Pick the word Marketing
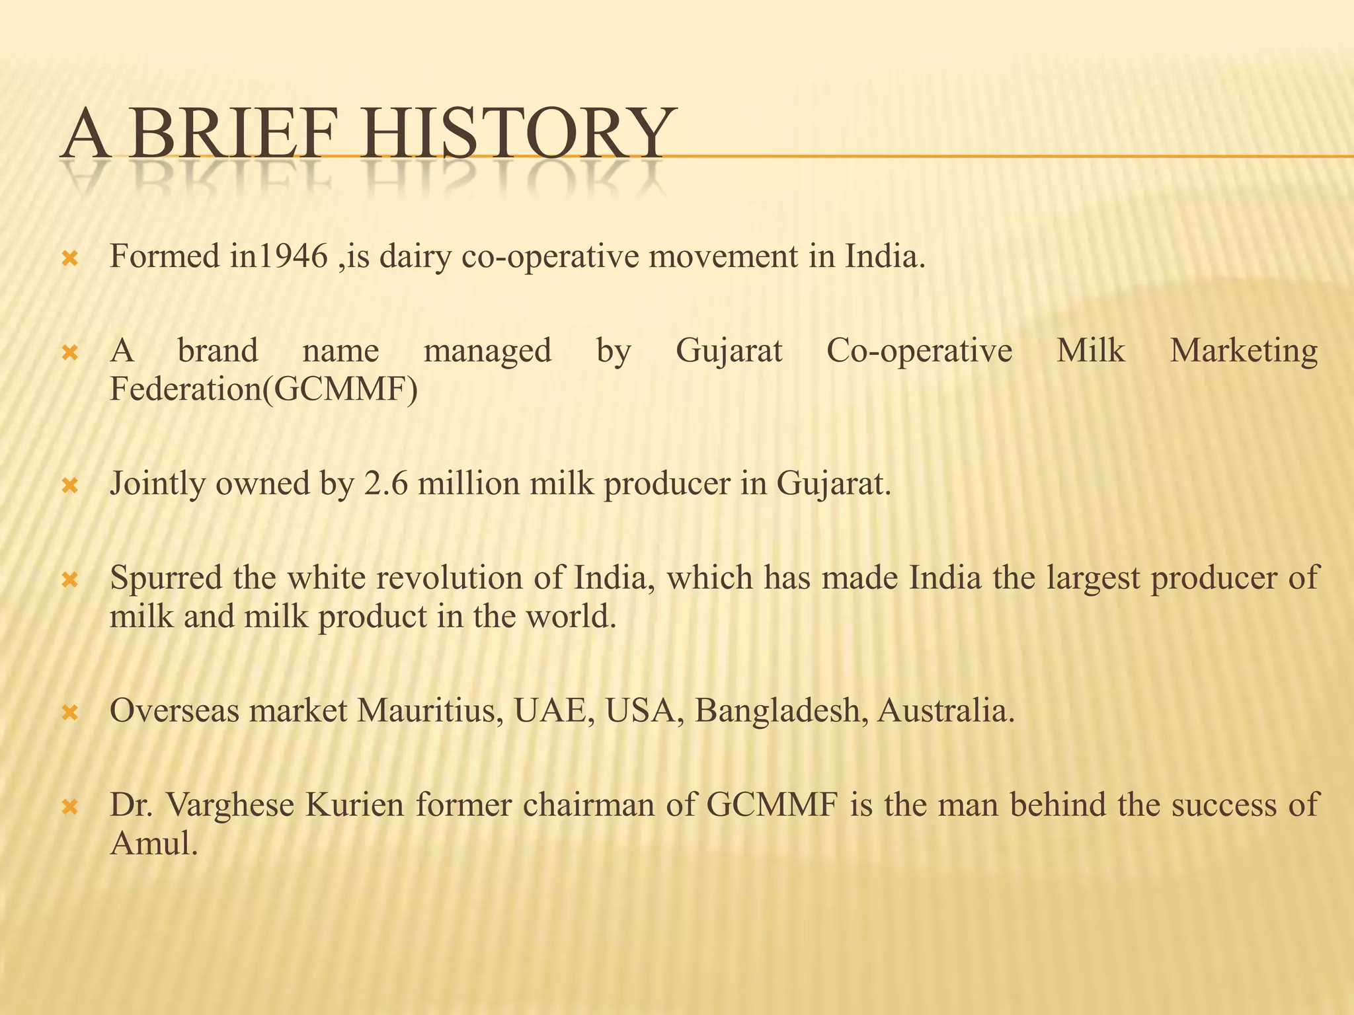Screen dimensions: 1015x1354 [x=1244, y=350]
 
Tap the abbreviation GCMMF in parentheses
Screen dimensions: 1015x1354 [x=342, y=389]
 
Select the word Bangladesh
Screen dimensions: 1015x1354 [x=781, y=711]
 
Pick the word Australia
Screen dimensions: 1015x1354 [x=945, y=711]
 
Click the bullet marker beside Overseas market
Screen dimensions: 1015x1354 [x=70, y=713]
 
